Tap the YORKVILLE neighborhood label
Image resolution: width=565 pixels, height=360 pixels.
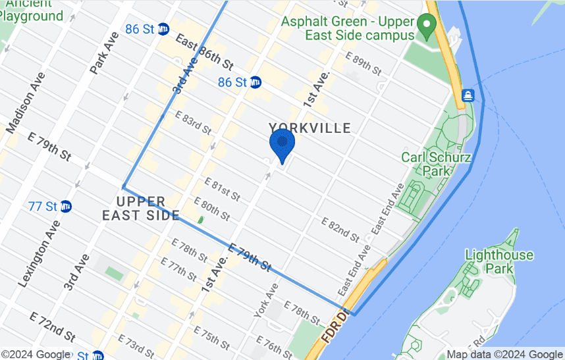point(309,128)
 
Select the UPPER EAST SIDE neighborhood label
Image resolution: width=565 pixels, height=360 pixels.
point(140,207)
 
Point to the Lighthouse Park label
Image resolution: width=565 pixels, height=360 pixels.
point(499,261)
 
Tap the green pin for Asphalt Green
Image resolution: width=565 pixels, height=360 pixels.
point(427,27)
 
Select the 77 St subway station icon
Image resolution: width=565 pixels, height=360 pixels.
point(66,206)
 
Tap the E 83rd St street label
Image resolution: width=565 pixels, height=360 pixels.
point(193,122)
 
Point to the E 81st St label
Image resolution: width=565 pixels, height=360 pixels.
point(222,189)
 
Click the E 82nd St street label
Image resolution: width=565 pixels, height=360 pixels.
point(339,228)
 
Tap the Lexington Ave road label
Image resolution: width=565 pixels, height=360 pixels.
point(40,250)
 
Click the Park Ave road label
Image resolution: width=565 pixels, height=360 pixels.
point(101,53)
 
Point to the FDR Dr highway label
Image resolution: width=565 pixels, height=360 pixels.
point(334,326)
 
